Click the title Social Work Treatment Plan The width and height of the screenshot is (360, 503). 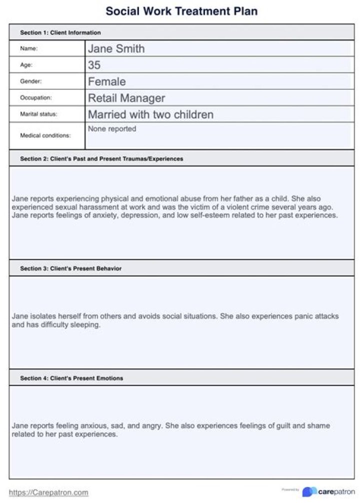point(181,10)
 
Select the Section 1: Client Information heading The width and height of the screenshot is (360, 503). point(60,32)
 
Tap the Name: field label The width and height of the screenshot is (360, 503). point(28,48)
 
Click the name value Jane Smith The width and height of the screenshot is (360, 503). point(116,48)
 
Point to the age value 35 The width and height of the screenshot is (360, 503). point(94,65)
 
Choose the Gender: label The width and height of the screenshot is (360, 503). point(30,81)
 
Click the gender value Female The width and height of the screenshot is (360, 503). point(106,81)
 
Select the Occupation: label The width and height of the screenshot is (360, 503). point(35,97)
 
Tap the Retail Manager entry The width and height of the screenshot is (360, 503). point(126,98)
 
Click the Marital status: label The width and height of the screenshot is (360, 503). point(38,114)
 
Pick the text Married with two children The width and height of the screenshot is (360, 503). point(150,114)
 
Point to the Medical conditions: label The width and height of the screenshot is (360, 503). point(45,135)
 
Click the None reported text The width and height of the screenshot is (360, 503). point(112,129)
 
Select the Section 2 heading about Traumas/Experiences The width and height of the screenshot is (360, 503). point(101,159)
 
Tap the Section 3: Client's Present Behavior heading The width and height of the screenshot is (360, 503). point(70,268)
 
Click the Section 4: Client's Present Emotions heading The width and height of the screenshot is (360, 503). point(71,378)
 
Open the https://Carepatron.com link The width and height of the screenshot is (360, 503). point(48,492)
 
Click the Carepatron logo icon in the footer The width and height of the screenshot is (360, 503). point(309,492)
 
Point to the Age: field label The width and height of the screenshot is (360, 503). point(26,64)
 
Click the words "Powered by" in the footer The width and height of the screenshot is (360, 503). point(290,490)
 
